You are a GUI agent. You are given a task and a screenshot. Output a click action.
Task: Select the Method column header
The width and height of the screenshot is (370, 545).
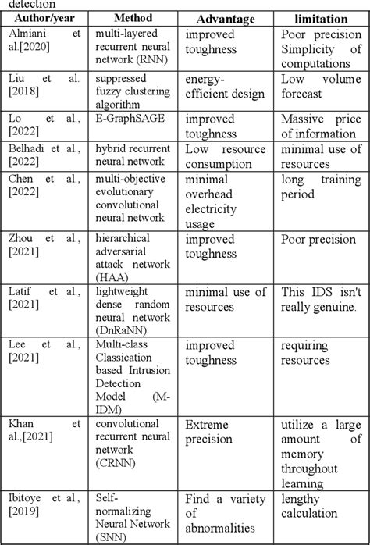133,18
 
